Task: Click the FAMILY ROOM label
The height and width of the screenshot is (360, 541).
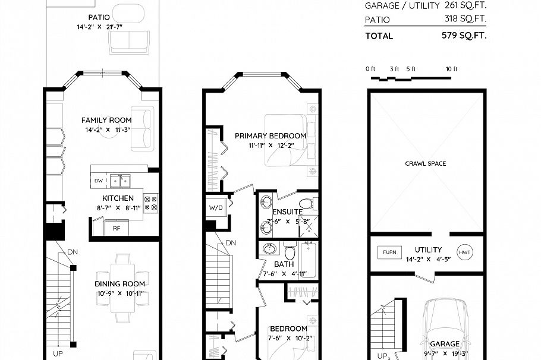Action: point(106,121)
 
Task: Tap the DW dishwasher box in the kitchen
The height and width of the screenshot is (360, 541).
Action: point(98,180)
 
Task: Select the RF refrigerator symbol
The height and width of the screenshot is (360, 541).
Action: point(116,227)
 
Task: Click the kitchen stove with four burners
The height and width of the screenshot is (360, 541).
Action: point(150,203)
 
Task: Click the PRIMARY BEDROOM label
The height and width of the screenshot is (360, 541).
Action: point(270,135)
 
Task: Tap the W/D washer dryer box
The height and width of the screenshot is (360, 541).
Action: point(215,208)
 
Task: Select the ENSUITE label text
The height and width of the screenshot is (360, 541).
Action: point(288,212)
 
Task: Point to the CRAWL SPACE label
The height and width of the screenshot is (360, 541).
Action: point(425,163)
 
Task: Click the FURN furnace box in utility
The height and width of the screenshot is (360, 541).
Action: point(389,252)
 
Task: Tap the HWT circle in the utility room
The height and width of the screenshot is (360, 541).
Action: point(465,252)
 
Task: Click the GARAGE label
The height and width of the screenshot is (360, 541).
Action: point(445,343)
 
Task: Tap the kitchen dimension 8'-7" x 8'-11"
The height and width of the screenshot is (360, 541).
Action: point(118,208)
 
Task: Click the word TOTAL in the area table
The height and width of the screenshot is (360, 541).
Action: point(379,36)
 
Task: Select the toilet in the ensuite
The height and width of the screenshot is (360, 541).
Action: point(306,204)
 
